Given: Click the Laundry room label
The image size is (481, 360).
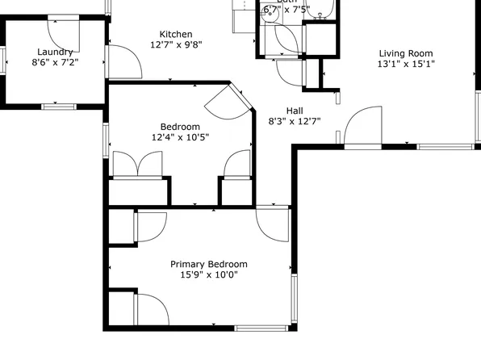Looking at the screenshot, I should click(55, 52).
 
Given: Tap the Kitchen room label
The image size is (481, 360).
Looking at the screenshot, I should click(175, 34).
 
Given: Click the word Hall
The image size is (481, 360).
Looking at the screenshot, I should click(295, 111).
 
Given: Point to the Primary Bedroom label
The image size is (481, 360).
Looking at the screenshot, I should click(208, 264).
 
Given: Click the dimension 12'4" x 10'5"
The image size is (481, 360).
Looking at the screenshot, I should click(180, 137).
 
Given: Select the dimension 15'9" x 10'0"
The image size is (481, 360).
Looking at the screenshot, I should click(208, 275).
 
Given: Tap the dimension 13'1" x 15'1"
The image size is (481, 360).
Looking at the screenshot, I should click(406, 65).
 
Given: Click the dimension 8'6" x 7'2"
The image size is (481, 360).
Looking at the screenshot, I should click(55, 62).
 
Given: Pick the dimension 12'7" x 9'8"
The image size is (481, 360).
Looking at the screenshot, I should click(175, 45).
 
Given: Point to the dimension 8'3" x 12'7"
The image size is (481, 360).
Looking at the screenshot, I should click(295, 122).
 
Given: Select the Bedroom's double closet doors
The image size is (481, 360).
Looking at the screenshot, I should click(138, 164).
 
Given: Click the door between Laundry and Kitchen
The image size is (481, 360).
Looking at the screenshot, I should click(121, 61).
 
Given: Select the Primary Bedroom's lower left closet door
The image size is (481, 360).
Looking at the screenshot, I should click(149, 308).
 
